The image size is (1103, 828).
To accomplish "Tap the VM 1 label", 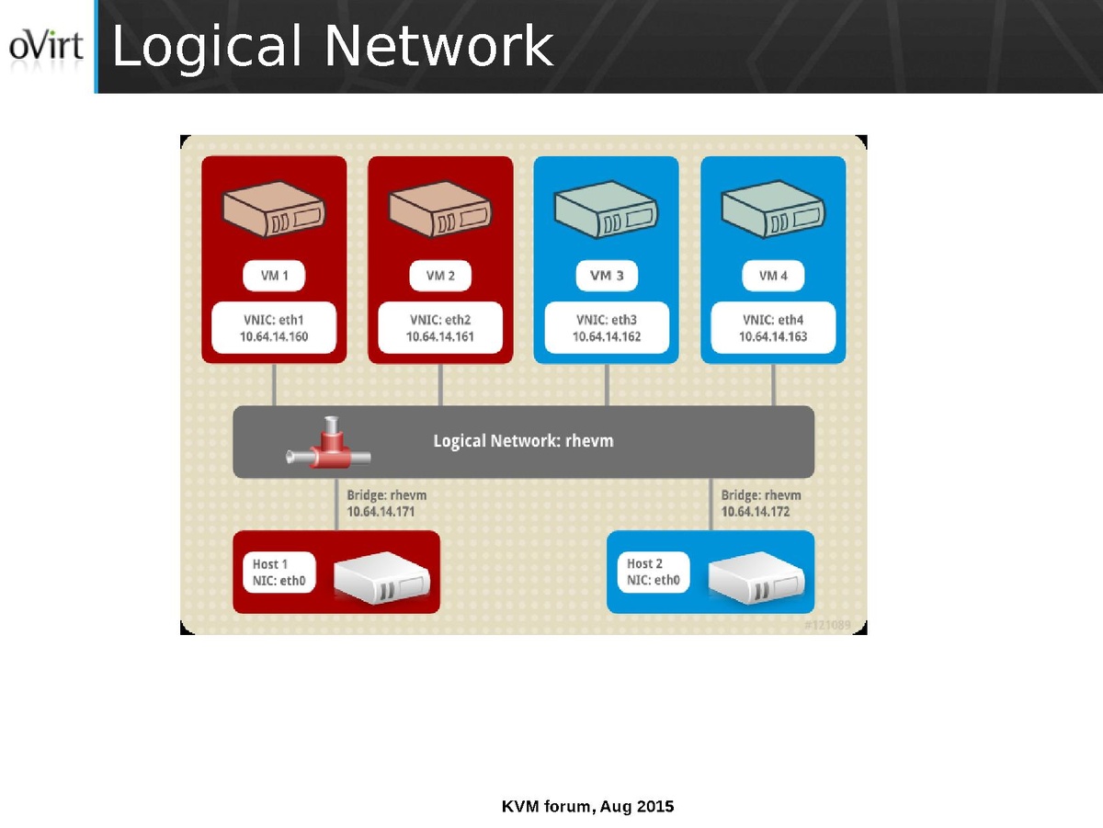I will click(x=273, y=276).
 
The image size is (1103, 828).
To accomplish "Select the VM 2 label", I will click(x=440, y=276).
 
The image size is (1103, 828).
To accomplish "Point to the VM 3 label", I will click(x=607, y=276).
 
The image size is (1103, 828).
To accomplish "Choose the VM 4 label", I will click(x=773, y=276).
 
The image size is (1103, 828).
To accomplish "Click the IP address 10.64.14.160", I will click(x=274, y=337).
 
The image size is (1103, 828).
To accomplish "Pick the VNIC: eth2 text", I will click(x=440, y=321).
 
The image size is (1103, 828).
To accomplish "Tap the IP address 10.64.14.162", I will click(x=607, y=337).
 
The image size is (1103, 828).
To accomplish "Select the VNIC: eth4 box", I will click(x=773, y=328).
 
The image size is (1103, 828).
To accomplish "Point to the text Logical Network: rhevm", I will click(x=523, y=442).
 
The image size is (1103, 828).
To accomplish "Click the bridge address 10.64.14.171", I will click(x=381, y=511).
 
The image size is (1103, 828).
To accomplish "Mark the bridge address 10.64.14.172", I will click(x=755, y=511).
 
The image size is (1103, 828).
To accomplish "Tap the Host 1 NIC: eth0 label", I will click(x=279, y=573).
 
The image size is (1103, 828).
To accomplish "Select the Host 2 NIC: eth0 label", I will click(x=653, y=573).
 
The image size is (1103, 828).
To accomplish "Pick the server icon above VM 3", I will click(x=606, y=212).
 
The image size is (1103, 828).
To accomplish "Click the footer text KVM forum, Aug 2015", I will click(x=587, y=807).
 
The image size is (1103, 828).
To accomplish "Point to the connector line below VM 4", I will click(x=773, y=384).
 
